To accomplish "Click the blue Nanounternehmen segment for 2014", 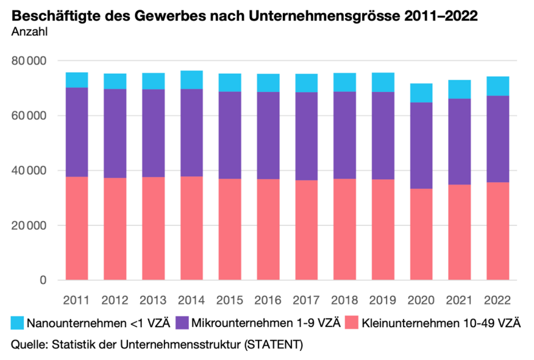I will (x=191, y=80).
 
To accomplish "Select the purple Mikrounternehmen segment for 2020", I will (x=421, y=146).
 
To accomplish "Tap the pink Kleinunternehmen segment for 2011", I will (x=77, y=228).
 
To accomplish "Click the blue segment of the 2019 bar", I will (x=382, y=82).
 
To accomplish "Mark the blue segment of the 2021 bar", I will (x=459, y=89).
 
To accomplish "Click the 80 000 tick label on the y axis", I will (x=30, y=61).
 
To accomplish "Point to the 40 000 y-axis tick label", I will (x=30, y=171).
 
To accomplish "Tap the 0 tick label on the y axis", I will (x=43, y=280).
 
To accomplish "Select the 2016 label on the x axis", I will (x=268, y=300).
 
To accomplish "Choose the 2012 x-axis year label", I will (x=115, y=300).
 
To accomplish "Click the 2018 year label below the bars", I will (x=344, y=300).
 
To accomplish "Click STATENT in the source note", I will (x=272, y=345).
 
